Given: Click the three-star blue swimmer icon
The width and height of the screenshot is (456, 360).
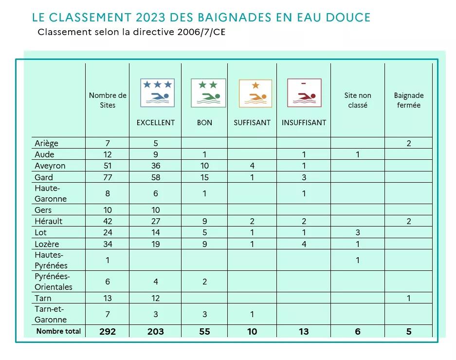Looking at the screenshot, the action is point(157,93).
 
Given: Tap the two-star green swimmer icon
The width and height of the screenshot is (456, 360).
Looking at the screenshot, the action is point(208,93).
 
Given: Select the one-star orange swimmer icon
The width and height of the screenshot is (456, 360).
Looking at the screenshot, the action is point(255,94).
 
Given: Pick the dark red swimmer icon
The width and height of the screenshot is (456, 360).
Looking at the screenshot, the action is point(304,93).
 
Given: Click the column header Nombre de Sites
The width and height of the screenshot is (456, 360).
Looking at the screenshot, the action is point(108,100).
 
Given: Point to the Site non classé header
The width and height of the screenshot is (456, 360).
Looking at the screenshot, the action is point(358,100).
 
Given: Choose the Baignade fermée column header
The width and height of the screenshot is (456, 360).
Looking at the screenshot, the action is point(409,100).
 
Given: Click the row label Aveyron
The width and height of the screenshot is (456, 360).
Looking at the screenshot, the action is point(50,166).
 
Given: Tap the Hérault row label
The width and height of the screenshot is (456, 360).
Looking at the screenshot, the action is point(48,221).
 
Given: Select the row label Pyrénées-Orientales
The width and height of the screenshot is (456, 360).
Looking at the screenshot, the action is point(54,282).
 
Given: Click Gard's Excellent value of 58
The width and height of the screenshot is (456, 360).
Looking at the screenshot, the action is point(156,177).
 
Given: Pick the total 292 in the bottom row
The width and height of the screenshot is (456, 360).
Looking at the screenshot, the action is point(108,331).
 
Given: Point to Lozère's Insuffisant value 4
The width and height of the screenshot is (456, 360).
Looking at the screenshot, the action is point(304,244).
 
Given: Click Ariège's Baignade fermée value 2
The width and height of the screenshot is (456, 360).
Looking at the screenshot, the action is point(409,143).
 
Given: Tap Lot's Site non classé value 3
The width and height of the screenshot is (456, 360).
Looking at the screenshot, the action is point(358,232).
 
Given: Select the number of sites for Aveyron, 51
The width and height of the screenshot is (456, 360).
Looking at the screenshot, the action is point(108,166).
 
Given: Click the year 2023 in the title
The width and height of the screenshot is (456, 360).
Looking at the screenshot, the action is point(150,18).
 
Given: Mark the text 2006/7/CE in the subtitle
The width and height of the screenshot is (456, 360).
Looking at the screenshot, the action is point(201,32).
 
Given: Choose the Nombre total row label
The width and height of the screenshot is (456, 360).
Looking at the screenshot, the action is point(58,331).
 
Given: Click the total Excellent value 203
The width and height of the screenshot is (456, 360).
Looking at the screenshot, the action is point(156,331).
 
